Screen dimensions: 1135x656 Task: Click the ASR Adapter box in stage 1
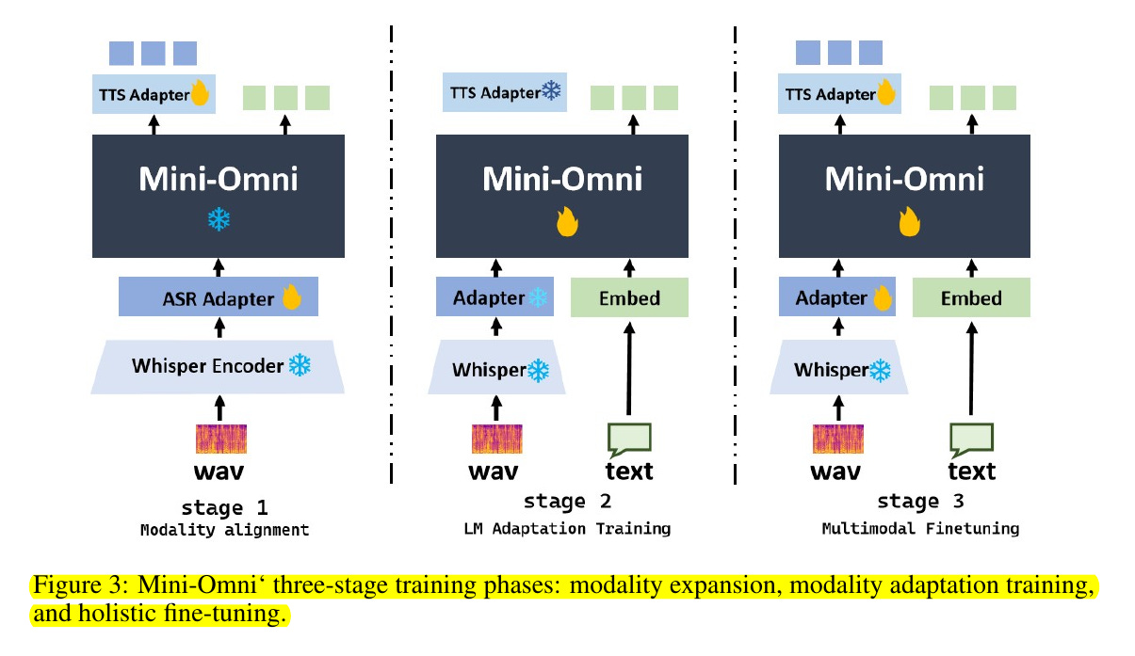[219, 296]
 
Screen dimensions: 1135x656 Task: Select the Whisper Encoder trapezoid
[218, 367]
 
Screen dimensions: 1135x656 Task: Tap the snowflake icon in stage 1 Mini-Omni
[219, 219]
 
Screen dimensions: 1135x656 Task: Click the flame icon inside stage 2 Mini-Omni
[567, 222]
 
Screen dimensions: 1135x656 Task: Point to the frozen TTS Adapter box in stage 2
[505, 92]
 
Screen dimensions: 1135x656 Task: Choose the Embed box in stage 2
[629, 297]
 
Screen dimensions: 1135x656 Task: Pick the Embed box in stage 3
[971, 297]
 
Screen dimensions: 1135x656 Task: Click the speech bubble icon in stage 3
[971, 440]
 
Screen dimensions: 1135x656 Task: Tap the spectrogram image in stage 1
[221, 439]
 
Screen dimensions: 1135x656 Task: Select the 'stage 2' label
[567, 501]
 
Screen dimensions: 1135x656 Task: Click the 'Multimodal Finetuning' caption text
[920, 528]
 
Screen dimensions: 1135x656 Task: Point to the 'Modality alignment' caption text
[224, 530]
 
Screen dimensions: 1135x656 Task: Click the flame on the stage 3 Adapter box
[883, 297]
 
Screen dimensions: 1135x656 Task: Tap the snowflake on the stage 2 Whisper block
[538, 371]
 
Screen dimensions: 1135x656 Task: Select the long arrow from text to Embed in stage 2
[629, 369]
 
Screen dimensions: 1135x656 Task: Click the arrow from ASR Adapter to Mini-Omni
[219, 268]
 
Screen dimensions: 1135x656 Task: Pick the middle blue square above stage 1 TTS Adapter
[153, 53]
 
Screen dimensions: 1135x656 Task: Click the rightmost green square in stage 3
[1004, 98]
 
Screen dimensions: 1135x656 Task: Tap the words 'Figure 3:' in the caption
[81, 585]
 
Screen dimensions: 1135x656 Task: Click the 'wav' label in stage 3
[835, 472]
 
